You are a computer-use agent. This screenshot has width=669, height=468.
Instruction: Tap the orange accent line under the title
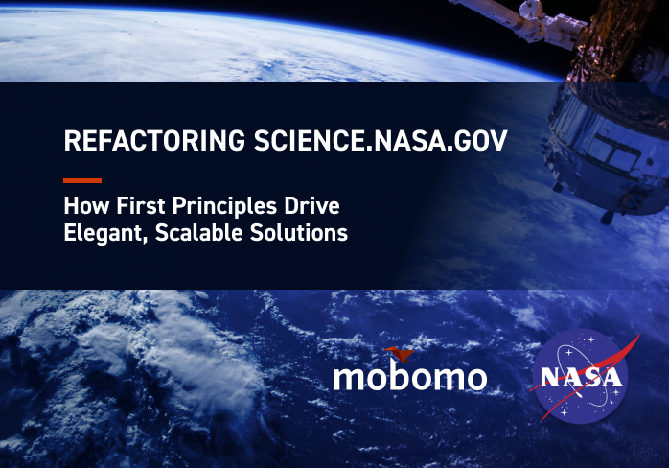pos(81,180)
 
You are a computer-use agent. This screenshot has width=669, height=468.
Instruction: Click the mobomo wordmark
pos(410,377)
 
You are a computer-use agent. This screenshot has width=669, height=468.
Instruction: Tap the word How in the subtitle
pos(81,206)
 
